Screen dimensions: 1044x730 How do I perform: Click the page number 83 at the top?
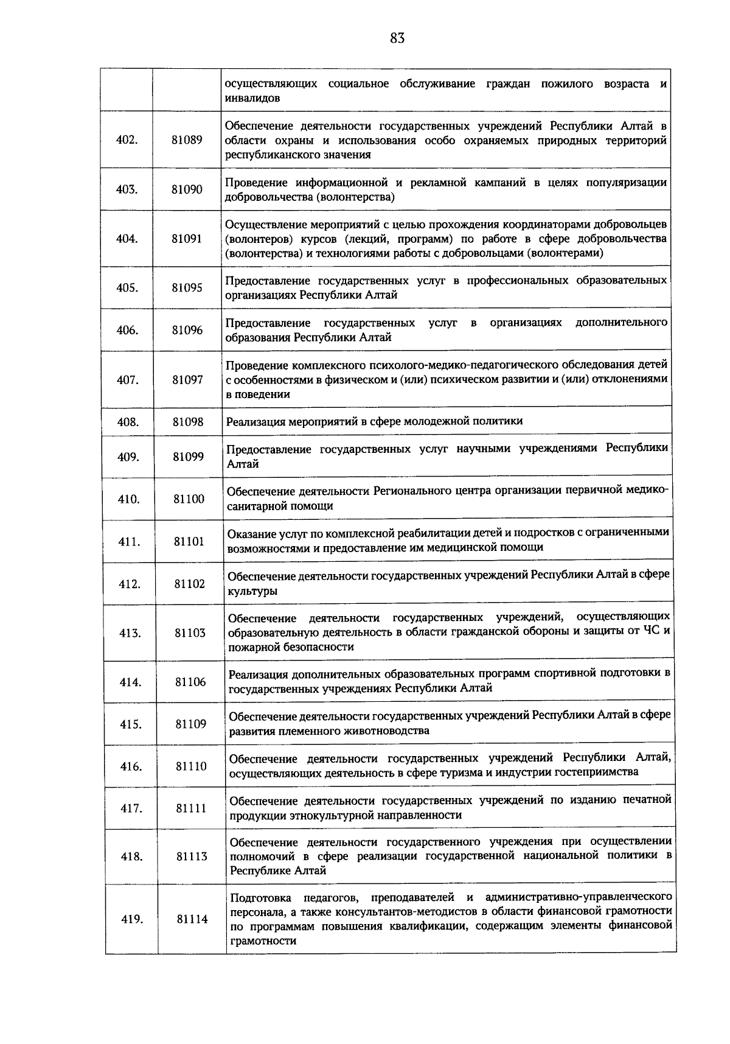tap(397, 38)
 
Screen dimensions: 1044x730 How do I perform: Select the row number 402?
tap(127, 139)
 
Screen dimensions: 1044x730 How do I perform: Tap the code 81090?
tap(187, 189)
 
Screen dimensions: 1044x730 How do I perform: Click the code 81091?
tap(187, 239)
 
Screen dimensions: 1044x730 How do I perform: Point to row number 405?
tap(127, 288)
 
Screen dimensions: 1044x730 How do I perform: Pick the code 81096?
tap(187, 330)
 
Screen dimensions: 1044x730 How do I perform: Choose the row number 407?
tap(128, 380)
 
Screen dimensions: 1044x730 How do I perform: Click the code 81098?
tap(188, 421)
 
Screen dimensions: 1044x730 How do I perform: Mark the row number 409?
tap(128, 457)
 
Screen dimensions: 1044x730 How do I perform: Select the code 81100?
tap(189, 499)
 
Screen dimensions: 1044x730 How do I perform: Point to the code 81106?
tap(190, 682)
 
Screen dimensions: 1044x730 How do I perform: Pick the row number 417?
tap(131, 808)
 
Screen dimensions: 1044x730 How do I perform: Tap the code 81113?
tap(192, 857)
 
